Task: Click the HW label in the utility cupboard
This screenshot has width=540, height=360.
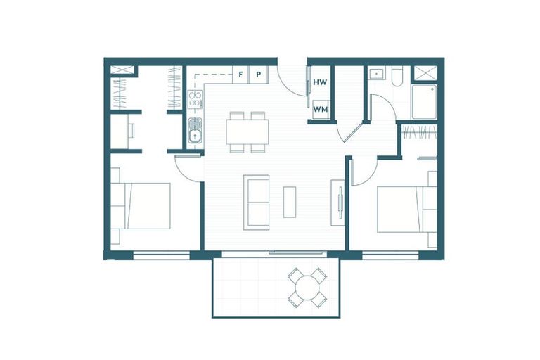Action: click(x=320, y=82)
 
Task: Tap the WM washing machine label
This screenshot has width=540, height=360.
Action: click(x=320, y=109)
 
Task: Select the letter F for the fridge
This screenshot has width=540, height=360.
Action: click(x=241, y=73)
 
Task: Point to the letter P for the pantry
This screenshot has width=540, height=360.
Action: click(x=259, y=73)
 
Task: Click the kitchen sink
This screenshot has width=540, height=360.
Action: click(x=195, y=131)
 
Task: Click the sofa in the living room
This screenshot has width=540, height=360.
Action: click(x=257, y=202)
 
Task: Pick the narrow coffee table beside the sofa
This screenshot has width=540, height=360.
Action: click(x=290, y=202)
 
